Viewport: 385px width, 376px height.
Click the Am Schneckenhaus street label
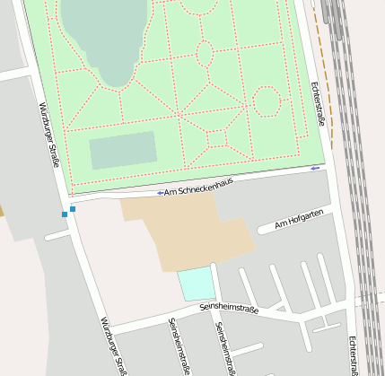click(198, 186)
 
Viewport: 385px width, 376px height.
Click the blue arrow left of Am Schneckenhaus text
click(160, 193)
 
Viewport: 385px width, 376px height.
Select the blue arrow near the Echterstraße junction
click(314, 168)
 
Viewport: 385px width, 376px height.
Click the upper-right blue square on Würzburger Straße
click(73, 209)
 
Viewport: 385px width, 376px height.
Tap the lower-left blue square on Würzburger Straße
click(65, 214)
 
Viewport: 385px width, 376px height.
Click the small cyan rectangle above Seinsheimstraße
click(197, 284)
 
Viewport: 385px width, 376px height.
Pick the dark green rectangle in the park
click(123, 150)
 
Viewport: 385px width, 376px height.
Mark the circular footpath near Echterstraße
click(267, 101)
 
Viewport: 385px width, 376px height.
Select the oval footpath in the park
click(205, 54)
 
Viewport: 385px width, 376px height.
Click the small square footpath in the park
click(216, 138)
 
